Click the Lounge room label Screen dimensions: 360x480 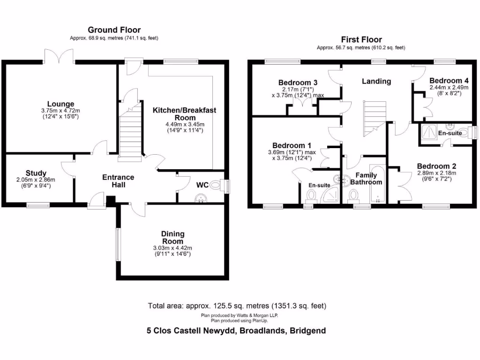[60, 104]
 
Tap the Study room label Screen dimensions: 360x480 [36, 173]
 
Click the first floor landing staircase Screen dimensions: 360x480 [375, 117]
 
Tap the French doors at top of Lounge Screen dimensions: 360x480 [60, 56]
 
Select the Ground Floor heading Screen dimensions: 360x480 [114, 30]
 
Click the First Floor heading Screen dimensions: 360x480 [361, 40]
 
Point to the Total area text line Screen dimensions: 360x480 [237, 306]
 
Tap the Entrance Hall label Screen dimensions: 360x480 [118, 181]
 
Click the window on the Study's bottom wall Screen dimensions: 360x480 [38, 205]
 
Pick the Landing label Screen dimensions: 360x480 [376, 81]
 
